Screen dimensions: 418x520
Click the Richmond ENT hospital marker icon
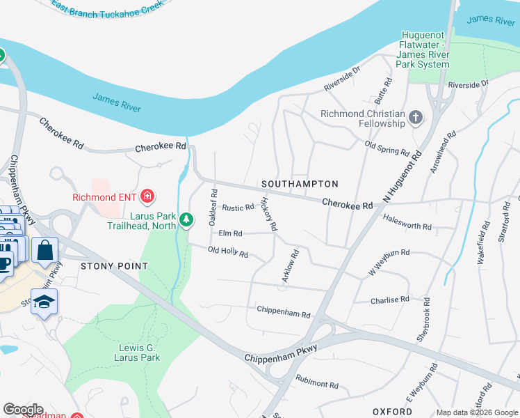click(147, 196)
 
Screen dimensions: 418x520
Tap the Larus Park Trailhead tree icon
click(186, 220)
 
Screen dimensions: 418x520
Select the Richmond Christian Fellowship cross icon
click(416, 118)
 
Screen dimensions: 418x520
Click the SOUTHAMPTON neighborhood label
click(300, 184)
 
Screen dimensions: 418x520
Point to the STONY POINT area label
click(114, 266)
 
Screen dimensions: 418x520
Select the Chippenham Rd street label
click(283, 311)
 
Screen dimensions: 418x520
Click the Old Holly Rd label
click(228, 252)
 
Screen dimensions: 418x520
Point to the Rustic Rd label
click(238, 208)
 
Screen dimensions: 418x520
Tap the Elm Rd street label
click(230, 233)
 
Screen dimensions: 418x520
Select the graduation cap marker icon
click(44, 303)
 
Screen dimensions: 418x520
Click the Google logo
click(23, 410)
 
